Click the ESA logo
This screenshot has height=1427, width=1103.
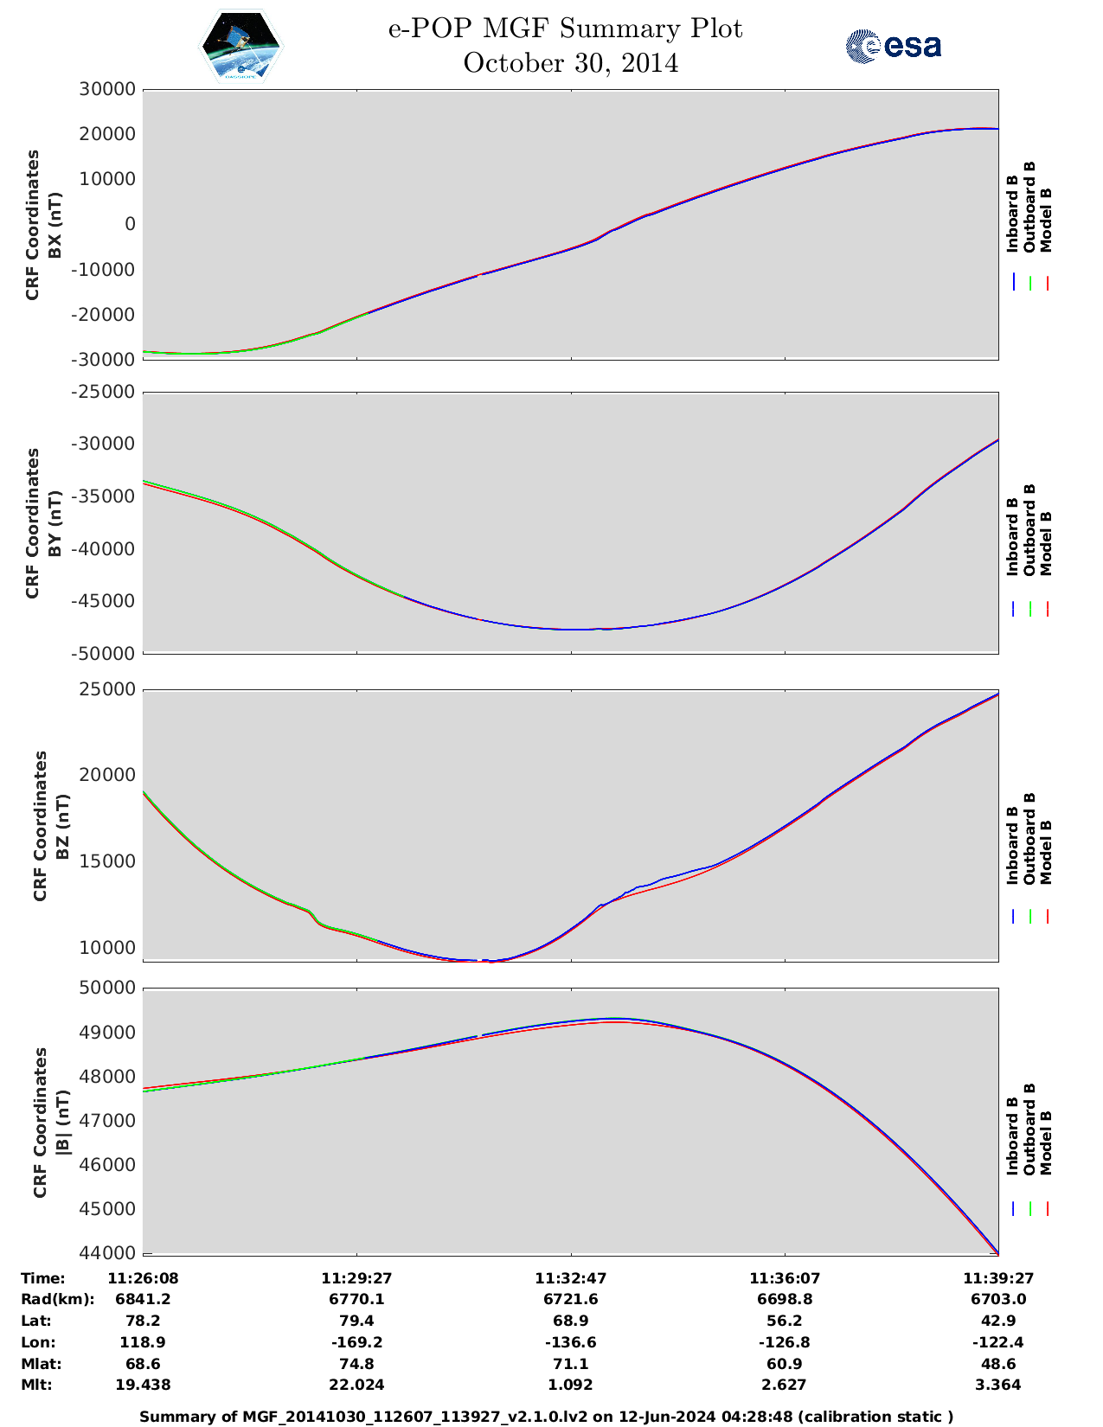[893, 46]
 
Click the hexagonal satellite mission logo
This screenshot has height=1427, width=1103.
[241, 47]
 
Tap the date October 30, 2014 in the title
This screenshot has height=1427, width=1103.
[570, 63]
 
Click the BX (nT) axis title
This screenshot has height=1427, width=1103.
[55, 225]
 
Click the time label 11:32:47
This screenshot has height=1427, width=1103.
[570, 1278]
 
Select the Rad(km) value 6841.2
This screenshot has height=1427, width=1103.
[143, 1299]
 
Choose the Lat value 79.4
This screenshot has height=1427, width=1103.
[356, 1321]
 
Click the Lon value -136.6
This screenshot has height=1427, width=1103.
[570, 1342]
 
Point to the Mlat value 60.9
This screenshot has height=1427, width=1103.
[785, 1364]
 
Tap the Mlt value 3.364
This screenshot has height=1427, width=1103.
[998, 1385]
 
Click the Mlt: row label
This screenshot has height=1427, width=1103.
[36, 1385]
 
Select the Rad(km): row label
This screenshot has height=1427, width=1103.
[57, 1299]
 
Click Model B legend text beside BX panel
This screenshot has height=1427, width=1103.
[1046, 220]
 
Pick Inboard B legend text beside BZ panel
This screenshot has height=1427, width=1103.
[1012, 845]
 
